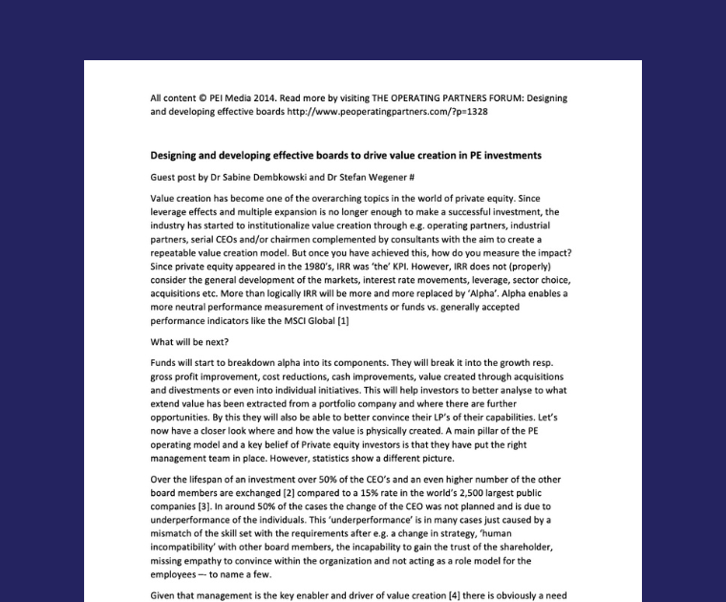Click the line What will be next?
[189, 341]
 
